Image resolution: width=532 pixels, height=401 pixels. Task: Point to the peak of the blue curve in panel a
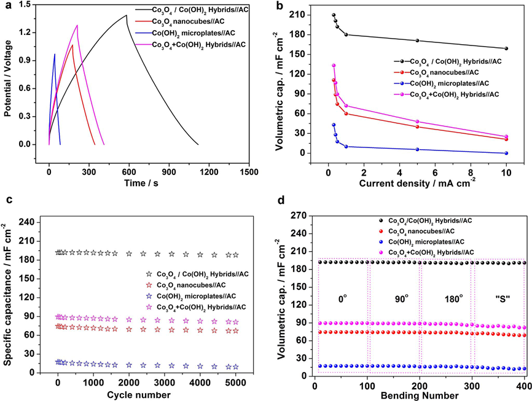55,54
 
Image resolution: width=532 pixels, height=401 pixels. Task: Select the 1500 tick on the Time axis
249,156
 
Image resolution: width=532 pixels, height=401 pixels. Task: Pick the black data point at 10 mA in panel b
506,49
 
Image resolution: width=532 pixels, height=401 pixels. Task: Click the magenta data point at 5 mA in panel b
417,122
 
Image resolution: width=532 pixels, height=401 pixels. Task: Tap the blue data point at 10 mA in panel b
506,153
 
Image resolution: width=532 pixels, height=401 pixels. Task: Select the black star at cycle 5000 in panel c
235,255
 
